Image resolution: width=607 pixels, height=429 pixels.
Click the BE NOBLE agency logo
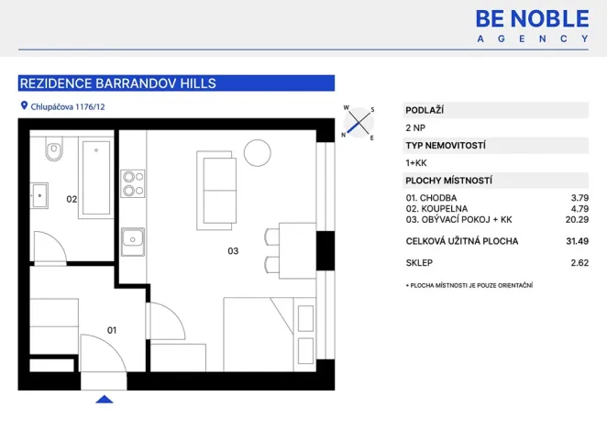pyautogui.click(x=532, y=25)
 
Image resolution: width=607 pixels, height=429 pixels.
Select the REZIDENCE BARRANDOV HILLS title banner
pyautogui.click(x=176, y=83)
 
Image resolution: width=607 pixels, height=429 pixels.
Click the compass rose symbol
pyautogui.click(x=359, y=122)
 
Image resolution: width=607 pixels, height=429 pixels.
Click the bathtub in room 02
pyautogui.click(x=95, y=178)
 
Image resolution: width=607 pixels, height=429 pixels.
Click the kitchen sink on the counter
pyautogui.click(x=134, y=243)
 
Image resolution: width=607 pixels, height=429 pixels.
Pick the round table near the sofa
pyautogui.click(x=258, y=150)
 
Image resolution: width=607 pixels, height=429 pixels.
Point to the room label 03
pyautogui.click(x=233, y=250)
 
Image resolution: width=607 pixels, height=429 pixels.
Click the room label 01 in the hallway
pyautogui.click(x=112, y=329)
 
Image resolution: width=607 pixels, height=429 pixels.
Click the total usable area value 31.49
pyautogui.click(x=575, y=242)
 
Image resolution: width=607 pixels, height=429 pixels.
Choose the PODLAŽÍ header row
pyautogui.click(x=495, y=110)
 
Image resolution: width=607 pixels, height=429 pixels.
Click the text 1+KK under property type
pyautogui.click(x=416, y=163)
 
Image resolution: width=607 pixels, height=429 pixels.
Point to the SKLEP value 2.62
pyautogui.click(x=578, y=263)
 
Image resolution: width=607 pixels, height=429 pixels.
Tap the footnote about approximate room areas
pyautogui.click(x=469, y=285)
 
